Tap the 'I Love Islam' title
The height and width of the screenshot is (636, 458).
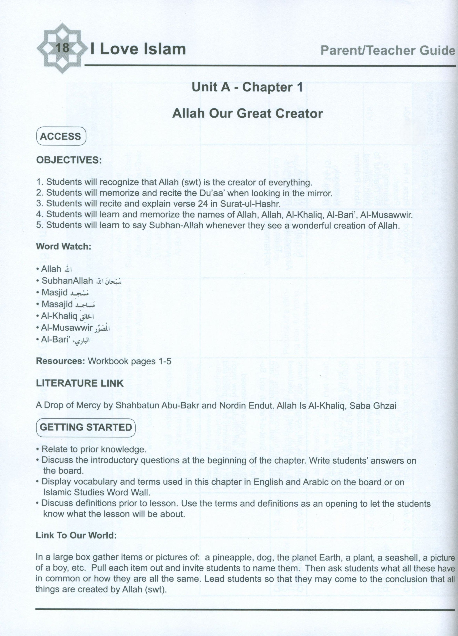tap(138, 49)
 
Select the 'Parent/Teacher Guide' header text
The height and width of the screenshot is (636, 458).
tap(387, 50)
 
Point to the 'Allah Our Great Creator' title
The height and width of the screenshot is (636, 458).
tap(247, 114)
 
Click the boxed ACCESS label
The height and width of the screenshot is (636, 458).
tap(61, 137)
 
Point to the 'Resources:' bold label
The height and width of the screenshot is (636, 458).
tap(60, 361)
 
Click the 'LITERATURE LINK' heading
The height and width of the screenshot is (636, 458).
tap(80, 383)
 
